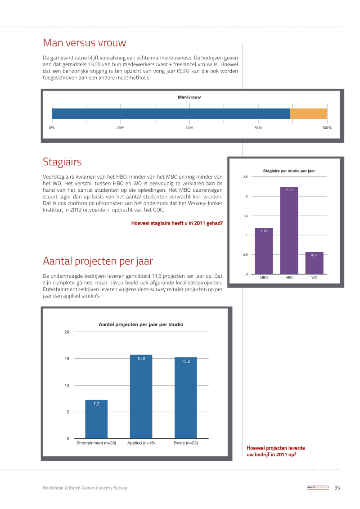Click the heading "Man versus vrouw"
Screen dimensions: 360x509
[85, 43]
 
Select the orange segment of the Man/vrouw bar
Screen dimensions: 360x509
[308, 113]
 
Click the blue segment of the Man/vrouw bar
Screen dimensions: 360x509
[171, 113]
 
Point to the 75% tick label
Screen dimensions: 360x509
[258, 127]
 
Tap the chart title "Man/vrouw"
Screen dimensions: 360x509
[189, 97]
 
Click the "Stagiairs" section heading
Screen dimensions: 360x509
[62, 162]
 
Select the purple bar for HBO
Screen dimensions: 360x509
[289, 230]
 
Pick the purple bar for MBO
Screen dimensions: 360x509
[264, 251]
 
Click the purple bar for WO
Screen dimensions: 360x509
[314, 263]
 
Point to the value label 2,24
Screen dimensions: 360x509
[289, 190]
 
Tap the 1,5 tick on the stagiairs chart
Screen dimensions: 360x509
[245, 216]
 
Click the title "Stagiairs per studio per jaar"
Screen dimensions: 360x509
[289, 171]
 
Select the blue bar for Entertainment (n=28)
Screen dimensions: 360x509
[96, 419]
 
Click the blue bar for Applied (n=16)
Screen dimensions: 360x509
[141, 396]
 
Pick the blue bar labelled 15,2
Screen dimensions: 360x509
[186, 398]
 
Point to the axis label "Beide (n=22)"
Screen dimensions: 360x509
[186, 443]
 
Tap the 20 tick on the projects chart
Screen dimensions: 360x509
[67, 332]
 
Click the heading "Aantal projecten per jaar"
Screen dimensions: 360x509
[98, 261]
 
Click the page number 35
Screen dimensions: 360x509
[337, 487]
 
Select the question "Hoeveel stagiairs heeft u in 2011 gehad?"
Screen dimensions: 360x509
[177, 223]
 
